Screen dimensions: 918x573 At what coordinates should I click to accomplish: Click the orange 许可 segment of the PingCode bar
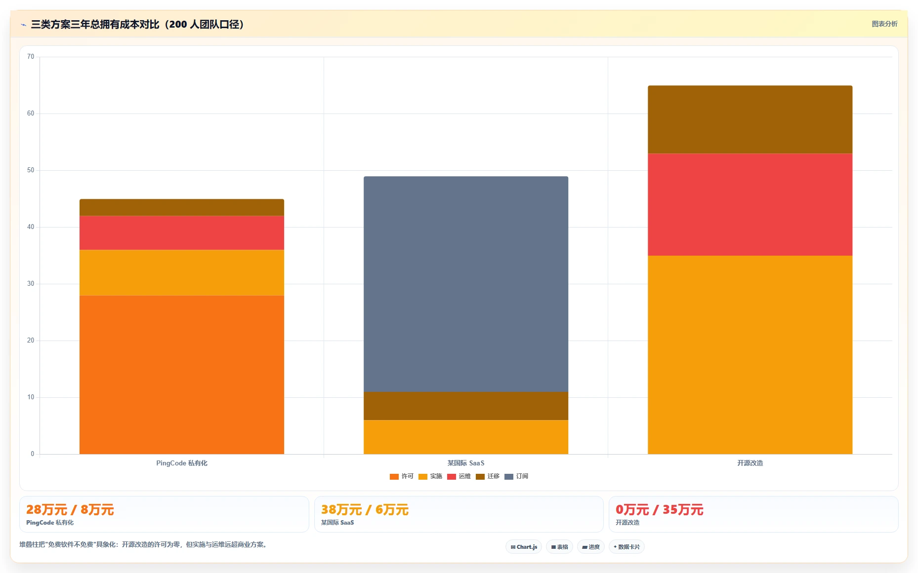[182, 375]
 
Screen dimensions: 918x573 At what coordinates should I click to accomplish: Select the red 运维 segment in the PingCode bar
[182, 233]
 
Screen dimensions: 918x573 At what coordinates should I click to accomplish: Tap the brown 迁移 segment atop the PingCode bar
[182, 207]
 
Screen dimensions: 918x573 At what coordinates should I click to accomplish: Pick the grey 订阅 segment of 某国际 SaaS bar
[466, 284]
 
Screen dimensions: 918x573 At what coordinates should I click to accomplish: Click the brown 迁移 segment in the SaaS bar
[466, 406]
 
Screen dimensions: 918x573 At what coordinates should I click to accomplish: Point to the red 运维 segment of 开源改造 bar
[750, 204]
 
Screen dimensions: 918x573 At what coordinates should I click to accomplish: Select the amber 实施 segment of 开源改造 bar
[750, 355]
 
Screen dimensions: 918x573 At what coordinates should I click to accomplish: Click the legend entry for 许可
[401, 476]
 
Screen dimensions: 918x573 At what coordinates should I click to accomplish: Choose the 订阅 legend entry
[516, 476]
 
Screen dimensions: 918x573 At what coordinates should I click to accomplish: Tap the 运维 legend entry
[459, 476]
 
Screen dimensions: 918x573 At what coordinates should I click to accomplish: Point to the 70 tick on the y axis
[31, 57]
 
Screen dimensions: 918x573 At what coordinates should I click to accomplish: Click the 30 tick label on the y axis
[31, 284]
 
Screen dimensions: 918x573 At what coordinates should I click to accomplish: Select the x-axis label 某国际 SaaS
[466, 463]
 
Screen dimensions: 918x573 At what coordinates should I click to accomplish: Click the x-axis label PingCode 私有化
[182, 463]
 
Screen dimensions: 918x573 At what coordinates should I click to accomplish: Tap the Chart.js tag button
[524, 547]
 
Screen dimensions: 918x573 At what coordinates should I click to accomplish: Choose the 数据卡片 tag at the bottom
[626, 547]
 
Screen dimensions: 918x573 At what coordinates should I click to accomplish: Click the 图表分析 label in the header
[884, 24]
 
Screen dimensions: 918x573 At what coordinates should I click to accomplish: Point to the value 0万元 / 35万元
[659, 510]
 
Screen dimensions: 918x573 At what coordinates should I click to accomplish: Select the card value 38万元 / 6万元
[365, 510]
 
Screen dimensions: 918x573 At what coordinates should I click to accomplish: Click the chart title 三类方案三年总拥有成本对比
[95, 24]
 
